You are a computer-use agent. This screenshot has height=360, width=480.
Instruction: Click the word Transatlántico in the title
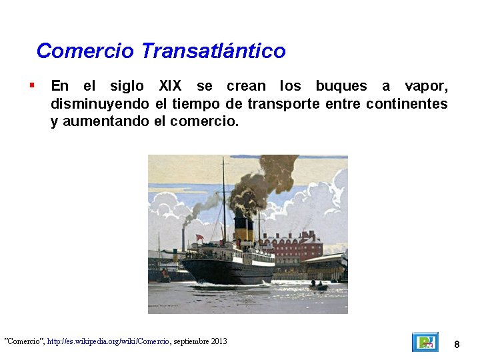[x=213, y=51]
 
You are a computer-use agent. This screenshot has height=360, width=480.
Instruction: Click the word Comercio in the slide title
[x=86, y=51]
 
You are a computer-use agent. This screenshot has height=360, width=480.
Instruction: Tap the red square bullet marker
[x=32, y=85]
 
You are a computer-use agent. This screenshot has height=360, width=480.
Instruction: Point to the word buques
[x=341, y=86]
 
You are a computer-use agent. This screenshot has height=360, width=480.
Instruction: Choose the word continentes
[x=407, y=104]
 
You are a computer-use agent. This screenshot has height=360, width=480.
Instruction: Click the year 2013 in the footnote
[x=219, y=341]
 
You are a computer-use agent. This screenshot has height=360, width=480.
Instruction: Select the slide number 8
[x=457, y=344]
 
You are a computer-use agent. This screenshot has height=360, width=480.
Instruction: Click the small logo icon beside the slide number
[x=425, y=342]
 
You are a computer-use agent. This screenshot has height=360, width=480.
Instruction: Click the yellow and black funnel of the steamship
[x=244, y=229]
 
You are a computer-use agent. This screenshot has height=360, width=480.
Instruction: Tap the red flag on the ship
[x=199, y=237]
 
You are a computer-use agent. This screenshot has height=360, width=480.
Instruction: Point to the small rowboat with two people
[x=318, y=286]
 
